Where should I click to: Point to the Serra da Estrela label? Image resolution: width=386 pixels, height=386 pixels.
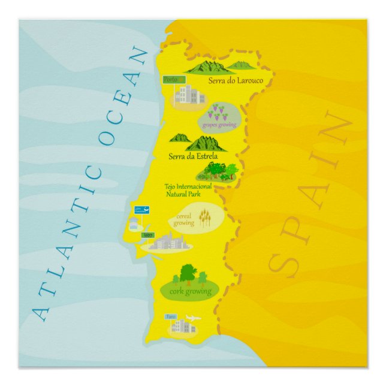193,156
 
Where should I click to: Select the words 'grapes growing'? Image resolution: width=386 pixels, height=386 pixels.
219,125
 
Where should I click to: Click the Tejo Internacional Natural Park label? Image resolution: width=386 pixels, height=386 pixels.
188,189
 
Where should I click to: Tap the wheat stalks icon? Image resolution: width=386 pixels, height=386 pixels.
204,216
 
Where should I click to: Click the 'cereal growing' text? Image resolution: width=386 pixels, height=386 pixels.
184,219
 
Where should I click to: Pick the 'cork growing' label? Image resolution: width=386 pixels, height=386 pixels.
190,291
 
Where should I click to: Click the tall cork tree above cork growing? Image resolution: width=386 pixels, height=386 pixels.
188,273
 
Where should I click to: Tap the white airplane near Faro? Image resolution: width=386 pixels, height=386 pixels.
193,318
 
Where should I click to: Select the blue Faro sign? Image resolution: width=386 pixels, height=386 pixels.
171,316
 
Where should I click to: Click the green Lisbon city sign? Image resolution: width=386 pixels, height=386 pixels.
148,235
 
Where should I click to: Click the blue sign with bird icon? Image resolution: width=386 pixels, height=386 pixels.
141,210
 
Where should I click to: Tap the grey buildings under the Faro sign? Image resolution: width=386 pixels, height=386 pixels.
182,327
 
